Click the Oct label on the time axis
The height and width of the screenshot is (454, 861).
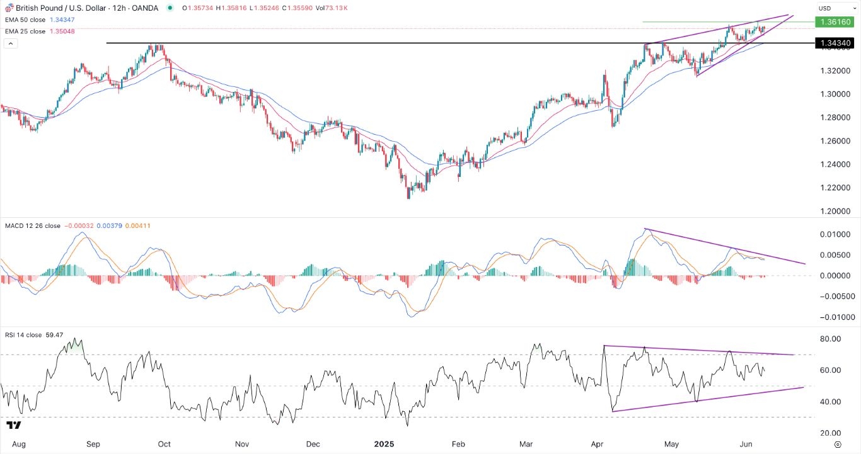(164, 444)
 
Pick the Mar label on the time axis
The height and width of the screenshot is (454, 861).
(526, 444)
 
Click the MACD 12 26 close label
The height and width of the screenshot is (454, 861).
(32, 225)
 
